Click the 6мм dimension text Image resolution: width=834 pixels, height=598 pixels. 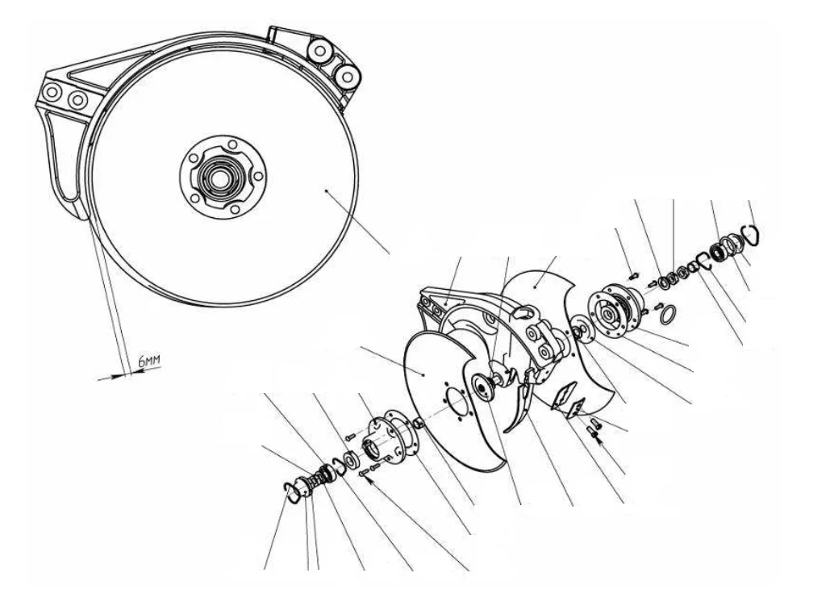pyautogui.click(x=149, y=362)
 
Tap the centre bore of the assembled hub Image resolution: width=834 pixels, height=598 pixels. pyautogui.click(x=219, y=180)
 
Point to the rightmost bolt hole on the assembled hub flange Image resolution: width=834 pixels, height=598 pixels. pyautogui.click(x=258, y=176)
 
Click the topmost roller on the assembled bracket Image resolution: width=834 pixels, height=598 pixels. pyautogui.click(x=320, y=51)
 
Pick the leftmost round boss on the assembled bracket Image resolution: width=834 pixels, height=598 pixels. pyautogui.click(x=52, y=92)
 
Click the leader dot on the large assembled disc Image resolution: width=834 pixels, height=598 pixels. pyautogui.click(x=326, y=190)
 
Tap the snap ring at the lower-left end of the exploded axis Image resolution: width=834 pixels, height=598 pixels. pyautogui.click(x=290, y=492)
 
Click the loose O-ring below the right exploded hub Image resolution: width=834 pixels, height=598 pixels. pyautogui.click(x=669, y=314)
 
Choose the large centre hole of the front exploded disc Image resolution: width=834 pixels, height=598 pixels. pyautogui.click(x=457, y=402)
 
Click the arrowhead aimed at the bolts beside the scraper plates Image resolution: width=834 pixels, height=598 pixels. pyautogui.click(x=599, y=439)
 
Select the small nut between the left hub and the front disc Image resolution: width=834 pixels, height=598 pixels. pyautogui.click(x=419, y=424)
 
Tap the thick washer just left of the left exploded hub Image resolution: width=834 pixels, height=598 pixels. pyautogui.click(x=351, y=459)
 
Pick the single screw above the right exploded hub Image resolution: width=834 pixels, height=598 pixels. pyautogui.click(x=633, y=276)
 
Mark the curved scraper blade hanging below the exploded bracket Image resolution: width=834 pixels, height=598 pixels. pyautogui.click(x=518, y=407)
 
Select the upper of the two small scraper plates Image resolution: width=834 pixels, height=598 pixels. pyautogui.click(x=563, y=395)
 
